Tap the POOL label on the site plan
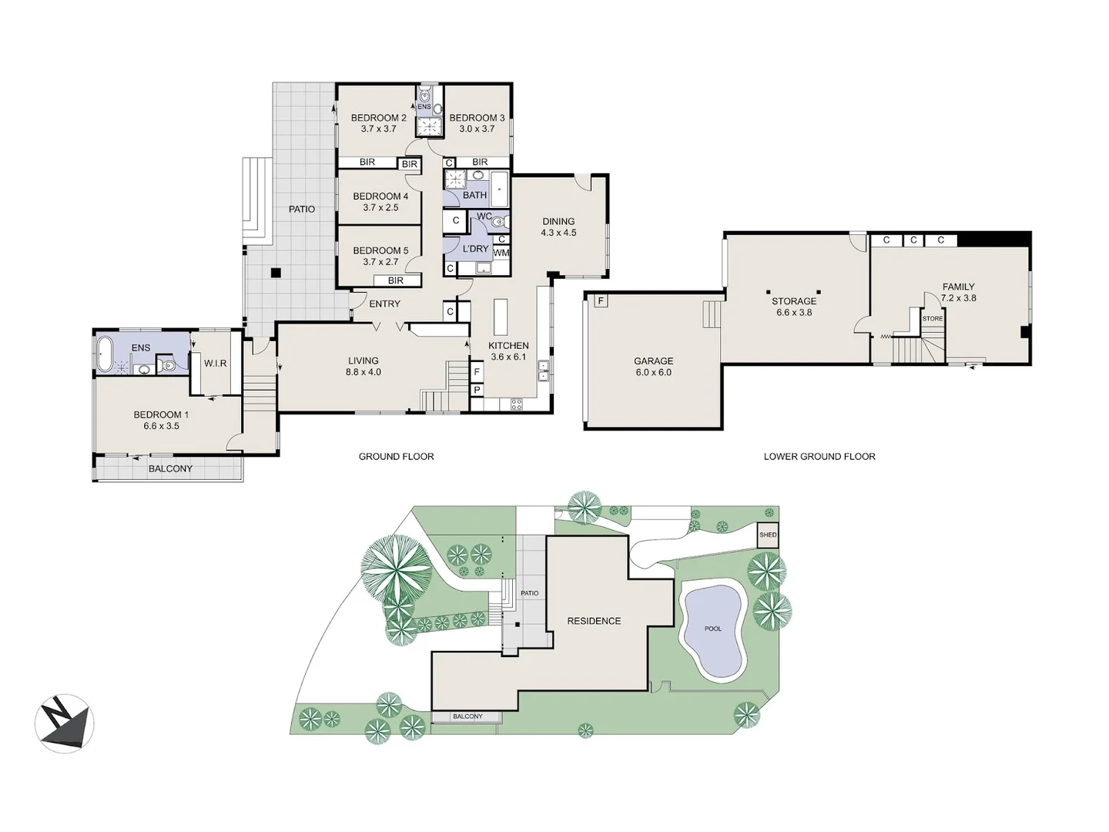pos(713,629)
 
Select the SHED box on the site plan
pos(768,535)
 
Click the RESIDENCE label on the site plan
pos(594,621)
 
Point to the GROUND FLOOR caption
pos(396,457)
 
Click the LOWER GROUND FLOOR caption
pos(819,457)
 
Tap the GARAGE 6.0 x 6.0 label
pos(653,366)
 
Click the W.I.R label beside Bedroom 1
pos(216,363)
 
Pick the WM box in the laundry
pos(501,253)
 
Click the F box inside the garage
pos(600,300)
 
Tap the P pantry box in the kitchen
pos(477,390)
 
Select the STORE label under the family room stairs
pos(932,318)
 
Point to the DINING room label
pos(558,222)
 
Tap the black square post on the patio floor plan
pos(275,272)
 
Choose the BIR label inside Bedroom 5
pos(396,281)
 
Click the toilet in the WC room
pos(498,223)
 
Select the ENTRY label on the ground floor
pos(384,304)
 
